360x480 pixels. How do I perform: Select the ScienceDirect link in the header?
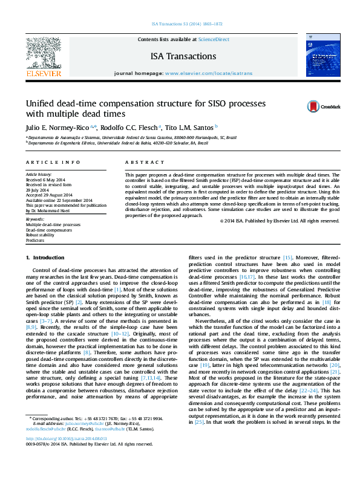click(214, 39)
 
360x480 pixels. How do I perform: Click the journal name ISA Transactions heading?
click(183, 56)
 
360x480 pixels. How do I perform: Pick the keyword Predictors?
click(35, 241)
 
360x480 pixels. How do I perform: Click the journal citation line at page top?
click(180, 26)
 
